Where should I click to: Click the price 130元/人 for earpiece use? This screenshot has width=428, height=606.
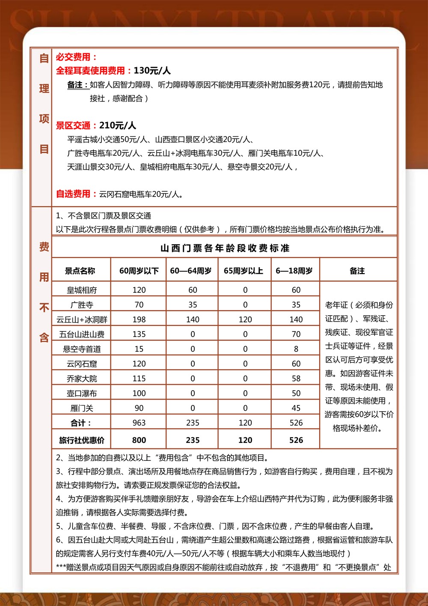(x=152, y=71)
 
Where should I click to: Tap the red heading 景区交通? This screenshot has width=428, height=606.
(x=73, y=125)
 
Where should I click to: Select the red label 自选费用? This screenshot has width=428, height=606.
(x=73, y=194)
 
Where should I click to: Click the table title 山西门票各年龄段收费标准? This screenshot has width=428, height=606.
(x=225, y=248)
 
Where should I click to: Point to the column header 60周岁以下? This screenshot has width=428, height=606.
(x=139, y=271)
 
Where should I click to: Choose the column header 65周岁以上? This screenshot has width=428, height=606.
(x=243, y=271)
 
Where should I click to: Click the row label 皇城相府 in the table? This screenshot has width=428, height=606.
(x=82, y=290)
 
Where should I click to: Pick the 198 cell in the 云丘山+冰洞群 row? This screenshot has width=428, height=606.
(x=139, y=319)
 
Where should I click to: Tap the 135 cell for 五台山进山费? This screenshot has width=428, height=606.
(x=139, y=334)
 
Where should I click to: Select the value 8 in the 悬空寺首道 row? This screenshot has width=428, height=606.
(x=296, y=349)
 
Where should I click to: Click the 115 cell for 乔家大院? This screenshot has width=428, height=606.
(x=139, y=379)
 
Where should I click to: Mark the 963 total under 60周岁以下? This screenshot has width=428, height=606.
(x=139, y=423)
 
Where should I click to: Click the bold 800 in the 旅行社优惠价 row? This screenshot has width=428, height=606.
(x=139, y=440)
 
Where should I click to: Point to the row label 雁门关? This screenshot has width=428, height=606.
(x=82, y=408)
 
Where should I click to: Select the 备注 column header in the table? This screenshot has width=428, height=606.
(x=357, y=271)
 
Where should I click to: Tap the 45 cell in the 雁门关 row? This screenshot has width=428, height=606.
(x=296, y=408)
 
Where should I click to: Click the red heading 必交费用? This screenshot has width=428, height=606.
(x=73, y=57)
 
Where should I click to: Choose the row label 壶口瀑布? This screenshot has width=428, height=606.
(x=82, y=393)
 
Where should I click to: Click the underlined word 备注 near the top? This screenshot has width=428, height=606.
(x=77, y=85)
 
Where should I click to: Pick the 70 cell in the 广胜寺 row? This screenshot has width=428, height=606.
(x=139, y=305)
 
